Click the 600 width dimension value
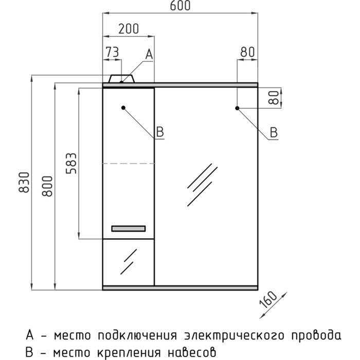179,6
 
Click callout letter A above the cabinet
149,53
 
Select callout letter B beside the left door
159,133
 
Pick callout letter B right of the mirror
274,133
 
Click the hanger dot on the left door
124,108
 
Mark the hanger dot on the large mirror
237,108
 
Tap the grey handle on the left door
129,229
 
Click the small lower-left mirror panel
129,261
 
